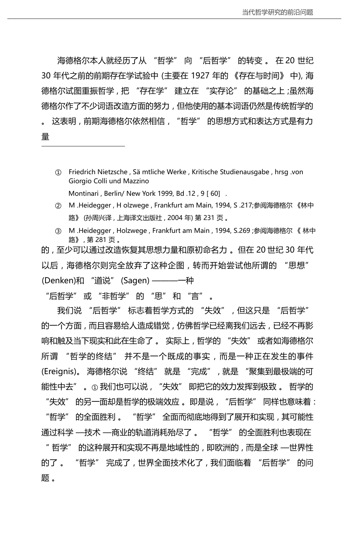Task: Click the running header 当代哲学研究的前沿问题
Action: click(278, 12)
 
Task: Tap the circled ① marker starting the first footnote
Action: click(58, 173)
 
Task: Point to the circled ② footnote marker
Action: click(58, 206)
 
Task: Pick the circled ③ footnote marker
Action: click(58, 231)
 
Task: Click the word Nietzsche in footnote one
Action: click(113, 172)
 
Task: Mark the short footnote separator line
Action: click(83, 146)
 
